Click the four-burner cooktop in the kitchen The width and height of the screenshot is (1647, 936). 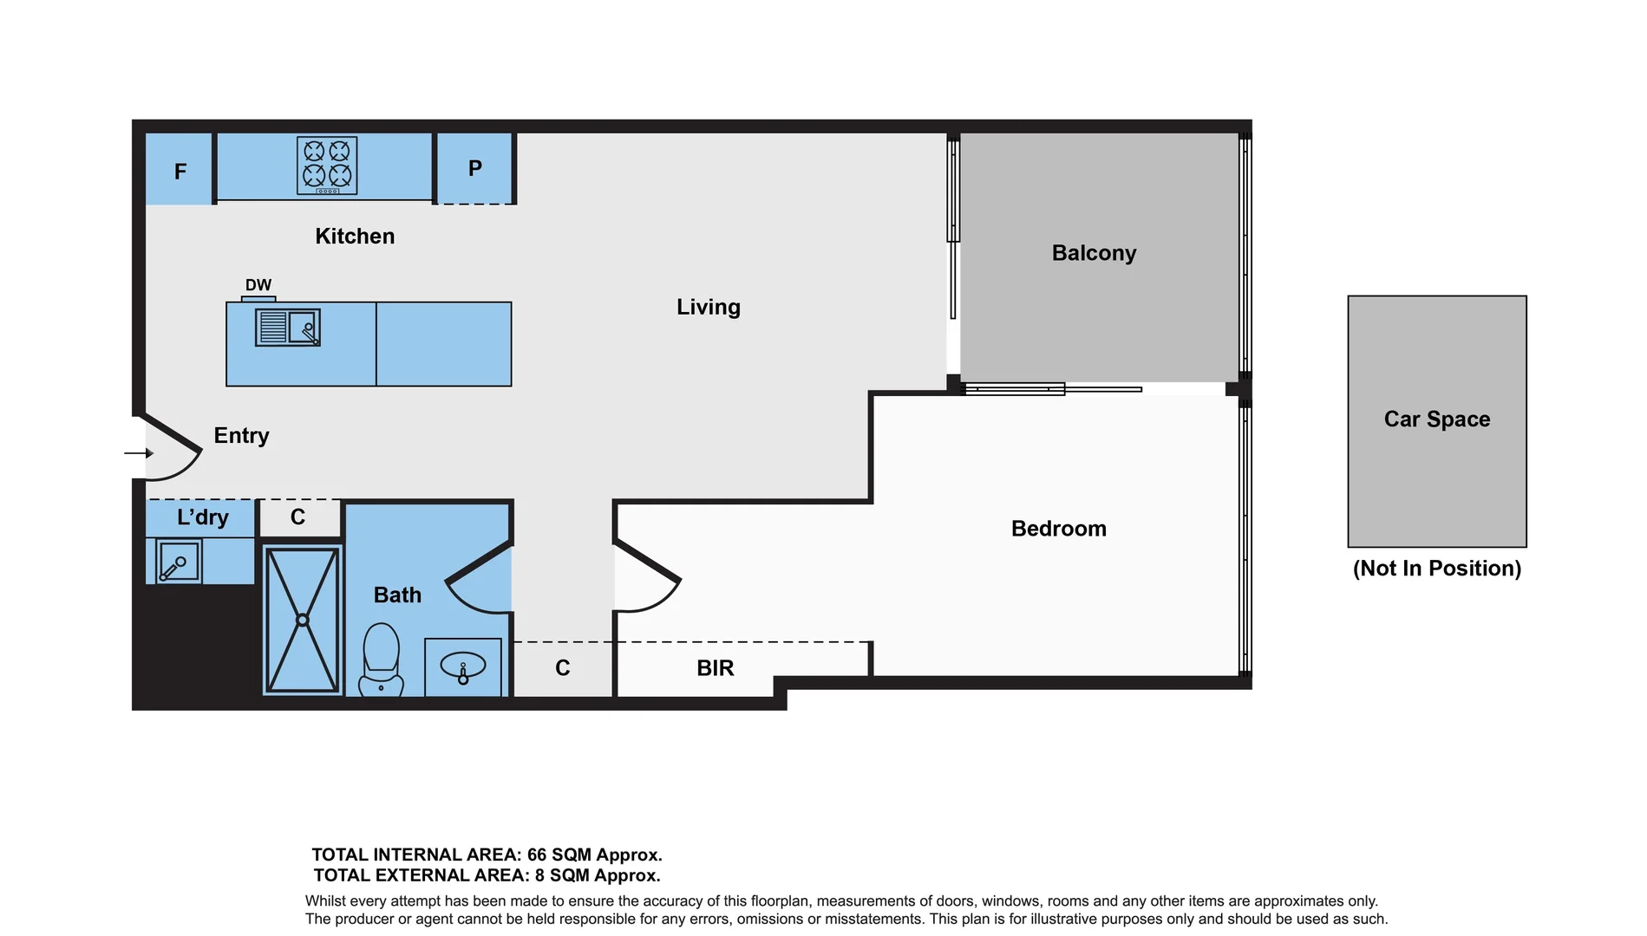click(x=327, y=165)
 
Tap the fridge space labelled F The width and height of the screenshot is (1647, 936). click(x=180, y=171)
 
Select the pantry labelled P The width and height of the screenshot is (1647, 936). click(x=474, y=168)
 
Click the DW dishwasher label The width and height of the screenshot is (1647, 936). click(x=258, y=285)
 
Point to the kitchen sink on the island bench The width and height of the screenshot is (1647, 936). click(x=288, y=328)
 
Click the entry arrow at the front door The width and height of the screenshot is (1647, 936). click(x=139, y=452)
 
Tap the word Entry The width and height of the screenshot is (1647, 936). click(x=241, y=435)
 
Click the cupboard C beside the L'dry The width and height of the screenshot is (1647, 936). click(x=297, y=517)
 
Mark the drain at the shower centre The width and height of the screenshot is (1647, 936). click(x=303, y=620)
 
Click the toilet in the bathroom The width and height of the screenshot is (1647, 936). click(x=382, y=659)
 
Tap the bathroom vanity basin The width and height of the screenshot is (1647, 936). click(x=463, y=666)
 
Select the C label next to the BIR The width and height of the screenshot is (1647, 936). click(x=563, y=668)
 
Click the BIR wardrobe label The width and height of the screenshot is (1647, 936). click(x=715, y=668)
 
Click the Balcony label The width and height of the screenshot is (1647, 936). click(x=1094, y=253)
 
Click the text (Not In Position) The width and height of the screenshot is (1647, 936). click(x=1436, y=569)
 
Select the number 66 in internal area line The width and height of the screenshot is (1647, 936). click(x=537, y=855)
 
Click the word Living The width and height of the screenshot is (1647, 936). click(x=708, y=307)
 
